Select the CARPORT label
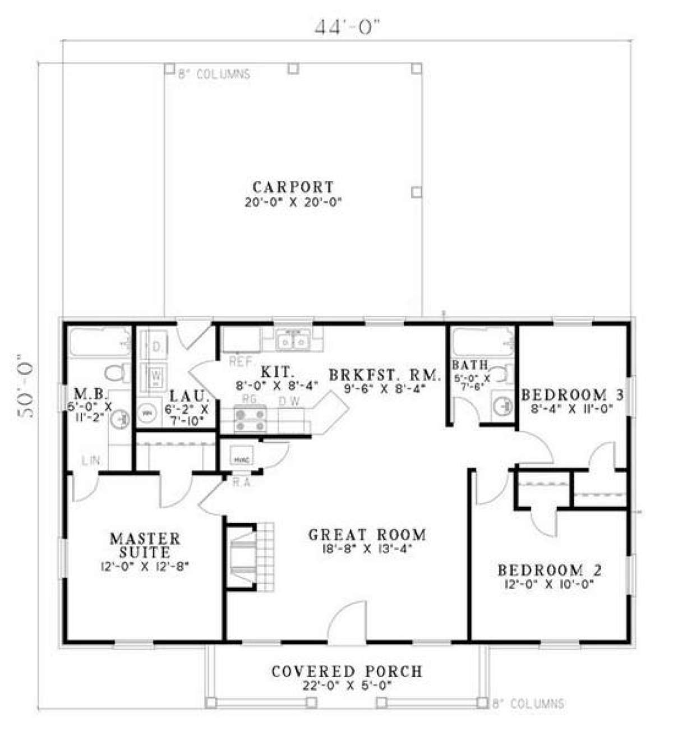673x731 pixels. tap(293, 186)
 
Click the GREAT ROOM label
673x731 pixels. tap(367, 534)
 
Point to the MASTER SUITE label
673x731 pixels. tap(145, 545)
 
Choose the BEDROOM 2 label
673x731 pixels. tap(550, 571)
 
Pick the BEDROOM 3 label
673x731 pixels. tap(572, 394)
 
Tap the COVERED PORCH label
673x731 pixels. tap(347, 671)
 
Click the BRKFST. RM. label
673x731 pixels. tap(384, 373)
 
